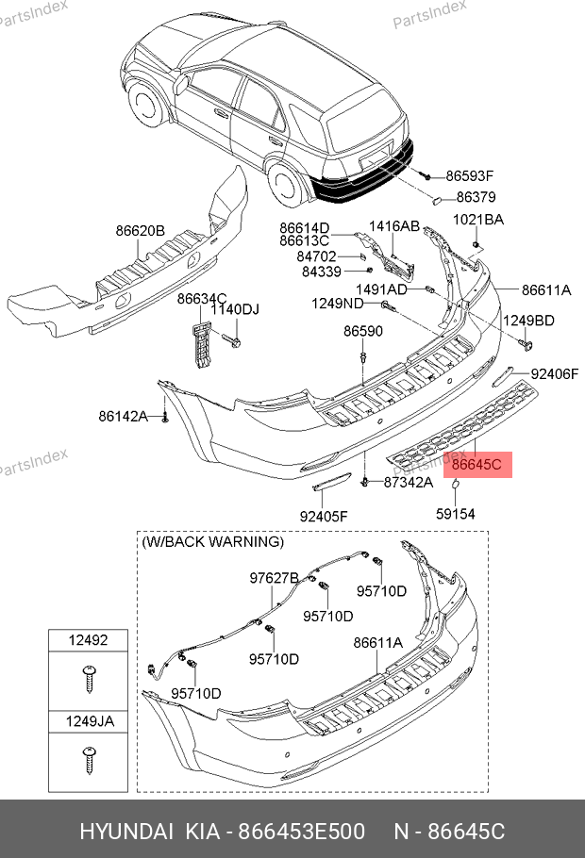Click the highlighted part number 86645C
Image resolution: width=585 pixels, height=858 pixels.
477,465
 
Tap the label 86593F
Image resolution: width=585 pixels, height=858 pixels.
470,176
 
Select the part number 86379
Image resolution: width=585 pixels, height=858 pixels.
476,198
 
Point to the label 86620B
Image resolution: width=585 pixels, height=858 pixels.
141,231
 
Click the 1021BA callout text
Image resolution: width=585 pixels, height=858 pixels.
478,220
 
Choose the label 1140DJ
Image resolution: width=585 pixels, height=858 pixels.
233,309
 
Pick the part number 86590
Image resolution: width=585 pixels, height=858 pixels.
362,332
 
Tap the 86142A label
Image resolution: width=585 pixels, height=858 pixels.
124,416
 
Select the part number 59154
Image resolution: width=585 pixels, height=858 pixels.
455,514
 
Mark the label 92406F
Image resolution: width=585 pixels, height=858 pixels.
554,374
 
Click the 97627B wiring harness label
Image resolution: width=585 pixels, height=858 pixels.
274,578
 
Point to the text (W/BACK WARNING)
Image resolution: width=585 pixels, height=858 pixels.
212,542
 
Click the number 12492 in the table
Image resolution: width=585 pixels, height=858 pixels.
88,640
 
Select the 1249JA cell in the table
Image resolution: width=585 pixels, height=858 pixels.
88,722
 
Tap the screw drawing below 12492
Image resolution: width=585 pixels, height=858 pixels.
89,676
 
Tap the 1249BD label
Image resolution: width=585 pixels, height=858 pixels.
528,321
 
